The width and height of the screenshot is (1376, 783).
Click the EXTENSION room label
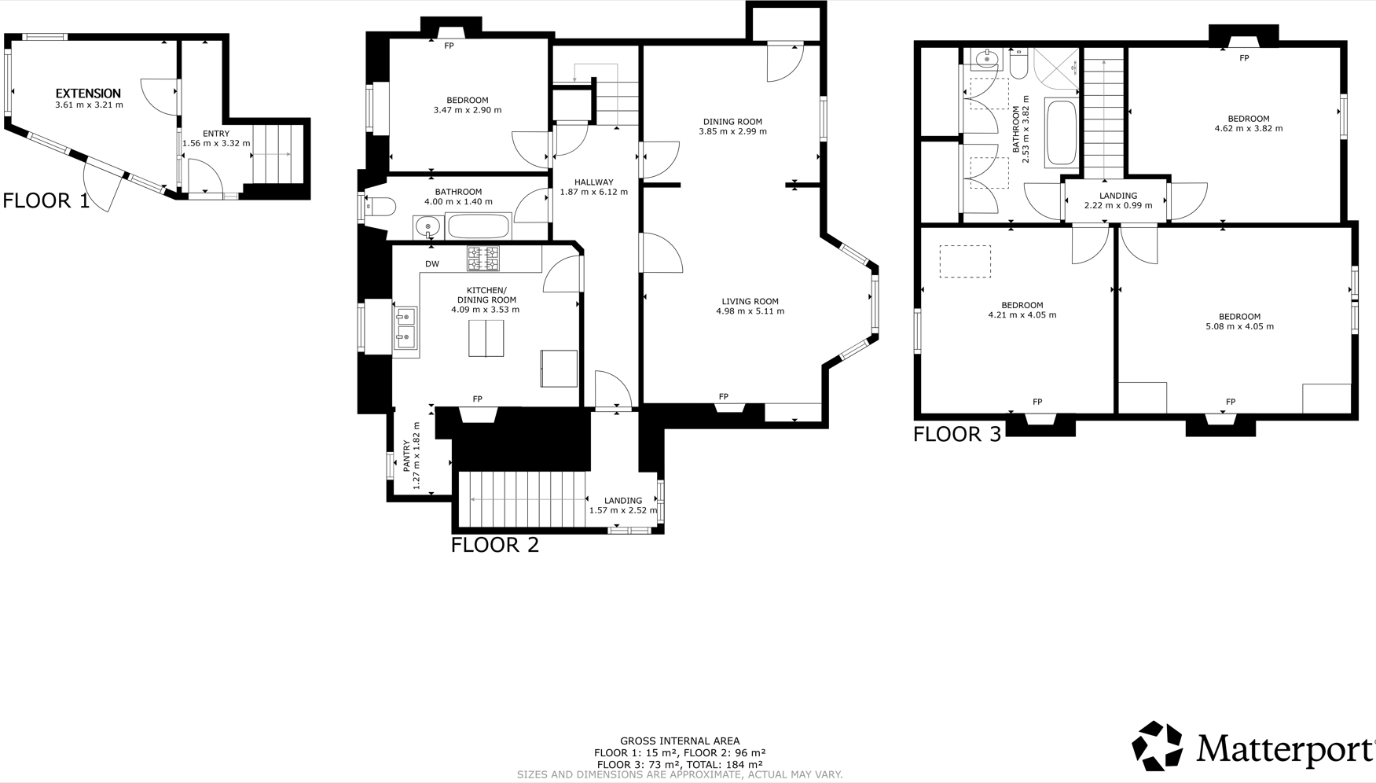point(88,94)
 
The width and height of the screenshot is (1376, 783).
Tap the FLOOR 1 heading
point(46,200)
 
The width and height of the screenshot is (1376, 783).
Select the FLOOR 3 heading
point(957,434)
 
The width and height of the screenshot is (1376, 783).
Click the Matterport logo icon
point(1157,745)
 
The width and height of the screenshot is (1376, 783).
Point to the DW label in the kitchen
point(432,264)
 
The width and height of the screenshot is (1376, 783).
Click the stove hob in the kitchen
point(483,259)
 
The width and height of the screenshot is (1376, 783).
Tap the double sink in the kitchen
point(405,329)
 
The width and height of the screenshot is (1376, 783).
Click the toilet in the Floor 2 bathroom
point(380,207)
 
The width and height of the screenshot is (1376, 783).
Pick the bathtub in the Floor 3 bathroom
point(1062,133)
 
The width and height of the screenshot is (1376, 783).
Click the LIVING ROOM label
point(750,301)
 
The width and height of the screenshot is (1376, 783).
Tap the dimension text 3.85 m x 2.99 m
point(733,131)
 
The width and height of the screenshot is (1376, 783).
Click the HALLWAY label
point(593,182)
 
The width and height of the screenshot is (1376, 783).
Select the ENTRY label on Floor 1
point(216,134)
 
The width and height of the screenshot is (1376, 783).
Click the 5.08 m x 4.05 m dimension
point(1240,326)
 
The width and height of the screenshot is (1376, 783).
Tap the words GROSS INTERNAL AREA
point(680,741)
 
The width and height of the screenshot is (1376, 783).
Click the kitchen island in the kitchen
point(486,338)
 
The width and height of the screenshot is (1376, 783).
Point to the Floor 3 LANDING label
point(1118,196)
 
